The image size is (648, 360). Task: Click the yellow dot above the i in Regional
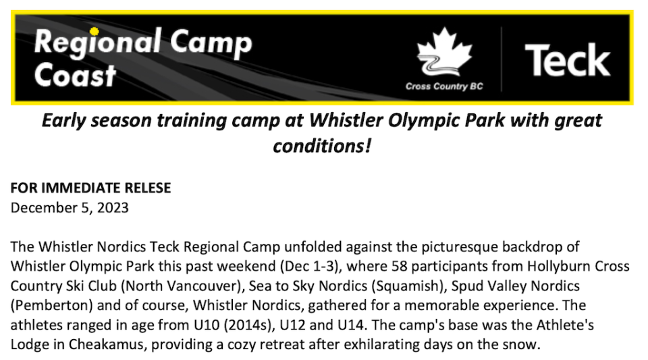[x=94, y=31]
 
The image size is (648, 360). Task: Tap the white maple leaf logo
[x=444, y=52]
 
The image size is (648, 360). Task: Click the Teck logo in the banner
[x=568, y=60]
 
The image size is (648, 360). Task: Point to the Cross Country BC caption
[x=444, y=86]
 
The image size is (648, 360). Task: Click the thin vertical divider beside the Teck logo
[x=502, y=59]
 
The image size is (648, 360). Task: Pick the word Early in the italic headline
[x=64, y=121]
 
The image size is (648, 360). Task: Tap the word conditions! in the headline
[x=322, y=146]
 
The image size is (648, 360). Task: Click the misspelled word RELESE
[x=148, y=188]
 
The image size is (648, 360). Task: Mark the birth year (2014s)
[x=250, y=325]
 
